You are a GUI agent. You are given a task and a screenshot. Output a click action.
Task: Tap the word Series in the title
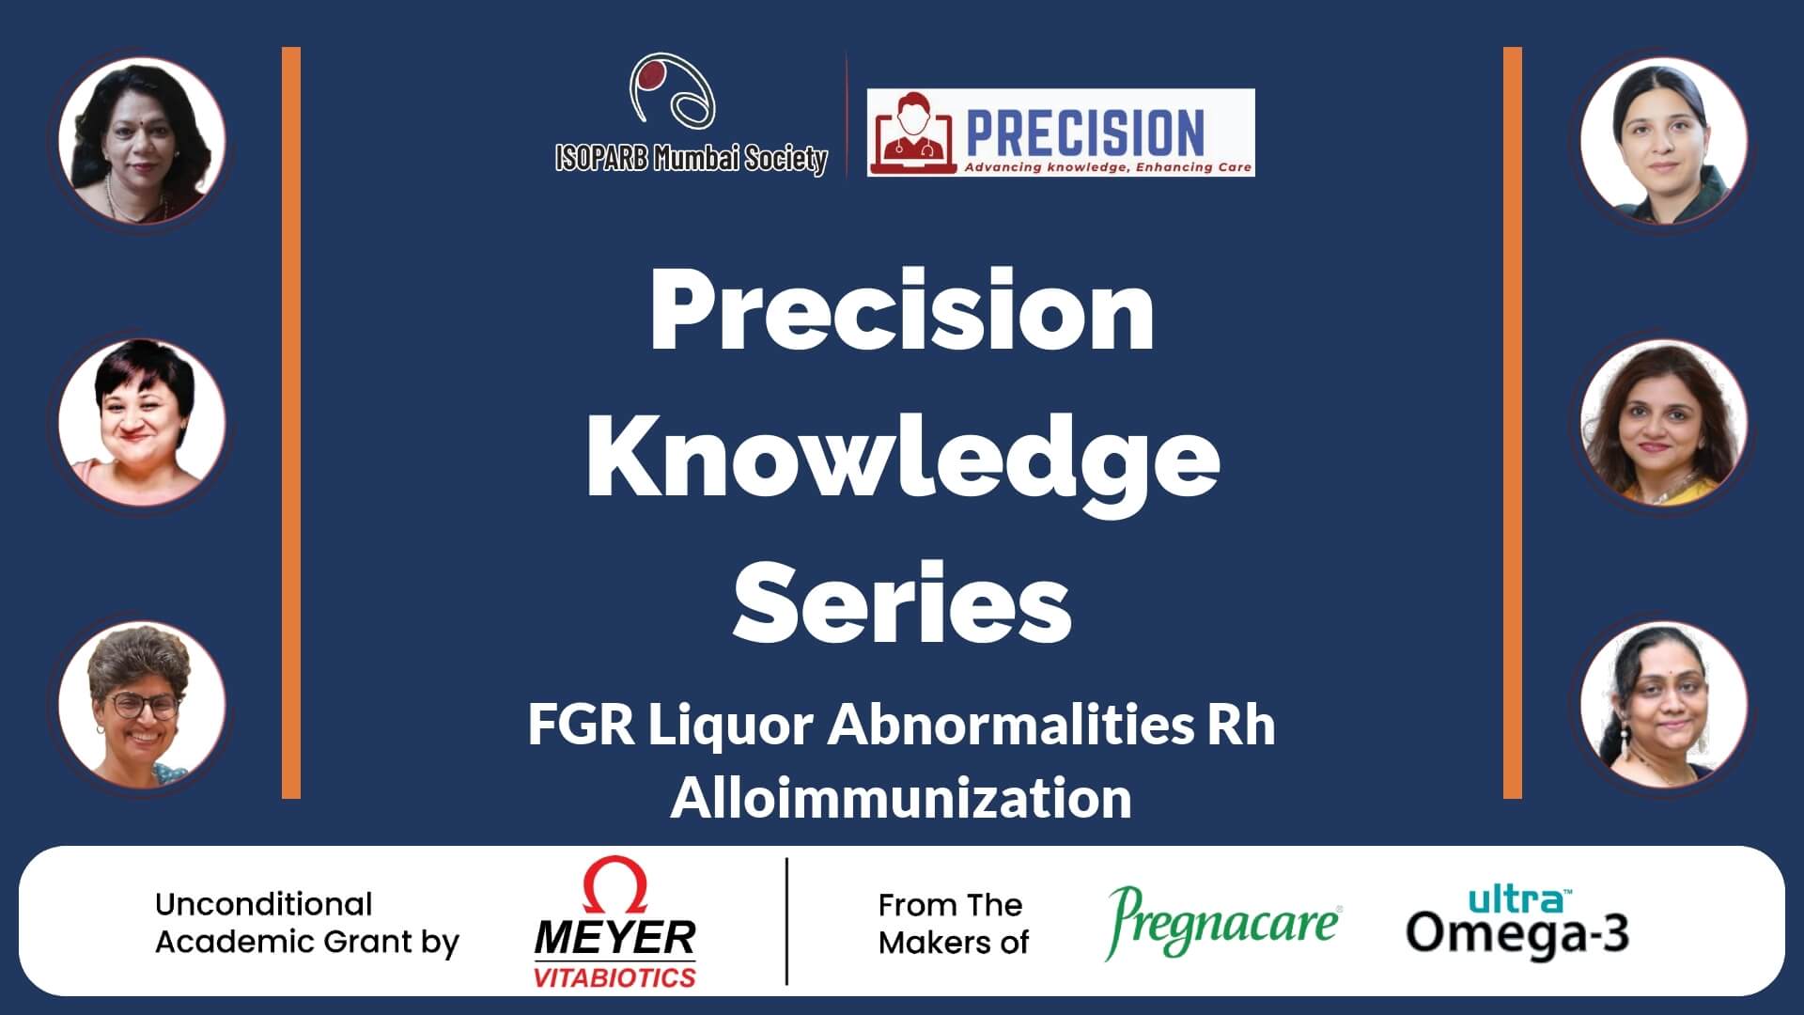tap(902, 600)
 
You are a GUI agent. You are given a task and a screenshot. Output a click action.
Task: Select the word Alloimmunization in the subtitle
tap(901, 798)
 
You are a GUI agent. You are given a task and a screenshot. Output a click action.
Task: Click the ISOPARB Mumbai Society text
tap(692, 159)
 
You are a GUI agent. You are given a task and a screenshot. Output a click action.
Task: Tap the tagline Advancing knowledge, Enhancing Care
tap(1107, 167)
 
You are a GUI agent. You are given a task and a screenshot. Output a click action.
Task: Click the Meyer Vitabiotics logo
tap(615, 923)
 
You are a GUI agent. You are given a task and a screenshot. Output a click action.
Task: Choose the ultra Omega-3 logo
tap(1517, 921)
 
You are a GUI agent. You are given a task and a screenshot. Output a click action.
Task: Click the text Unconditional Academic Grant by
tap(307, 923)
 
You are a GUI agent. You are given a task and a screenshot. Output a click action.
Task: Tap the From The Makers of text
tap(954, 923)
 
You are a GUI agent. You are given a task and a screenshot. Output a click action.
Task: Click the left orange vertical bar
tap(291, 423)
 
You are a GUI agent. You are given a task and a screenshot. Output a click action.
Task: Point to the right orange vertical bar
tap(1513, 423)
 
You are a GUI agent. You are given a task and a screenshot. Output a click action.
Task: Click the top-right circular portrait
tap(1663, 141)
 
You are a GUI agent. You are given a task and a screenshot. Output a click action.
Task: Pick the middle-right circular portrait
tap(1663, 423)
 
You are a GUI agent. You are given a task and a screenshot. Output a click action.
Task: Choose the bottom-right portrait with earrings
tap(1663, 705)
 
